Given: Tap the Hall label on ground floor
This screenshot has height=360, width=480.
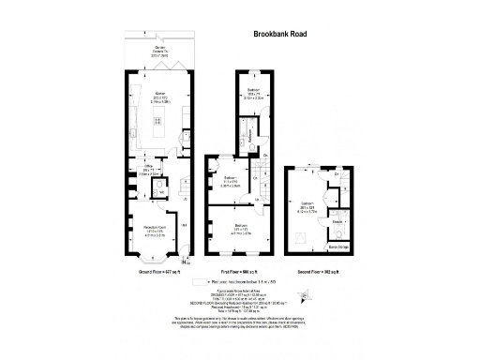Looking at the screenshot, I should point(182,224).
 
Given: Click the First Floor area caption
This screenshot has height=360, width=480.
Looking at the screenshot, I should point(244,269).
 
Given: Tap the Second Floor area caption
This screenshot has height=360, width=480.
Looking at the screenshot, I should point(318,269).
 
